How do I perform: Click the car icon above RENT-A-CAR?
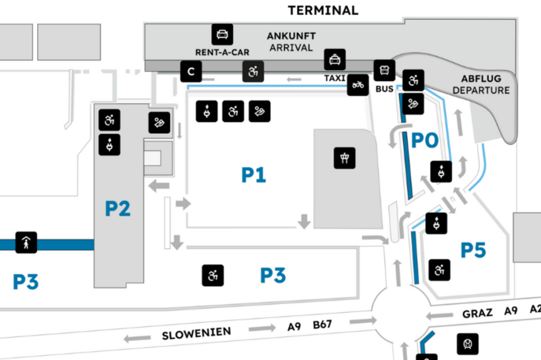click(x=222, y=35)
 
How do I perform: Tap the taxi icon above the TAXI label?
click(x=335, y=58)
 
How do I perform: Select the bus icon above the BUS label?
click(x=384, y=70)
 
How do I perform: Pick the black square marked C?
click(x=190, y=72)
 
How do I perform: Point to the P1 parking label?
click(x=253, y=175)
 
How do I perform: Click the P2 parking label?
click(x=117, y=209)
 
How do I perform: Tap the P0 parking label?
click(x=424, y=141)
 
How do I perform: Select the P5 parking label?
click(x=474, y=251)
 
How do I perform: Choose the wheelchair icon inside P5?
click(x=437, y=271)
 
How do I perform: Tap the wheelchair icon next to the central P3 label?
click(x=213, y=276)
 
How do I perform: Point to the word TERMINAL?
click(x=323, y=10)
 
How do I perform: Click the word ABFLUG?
click(x=480, y=78)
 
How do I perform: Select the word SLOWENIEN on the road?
click(x=197, y=332)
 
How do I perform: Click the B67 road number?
click(x=324, y=324)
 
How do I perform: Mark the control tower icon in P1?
click(x=343, y=158)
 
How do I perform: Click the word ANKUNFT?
click(x=291, y=36)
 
